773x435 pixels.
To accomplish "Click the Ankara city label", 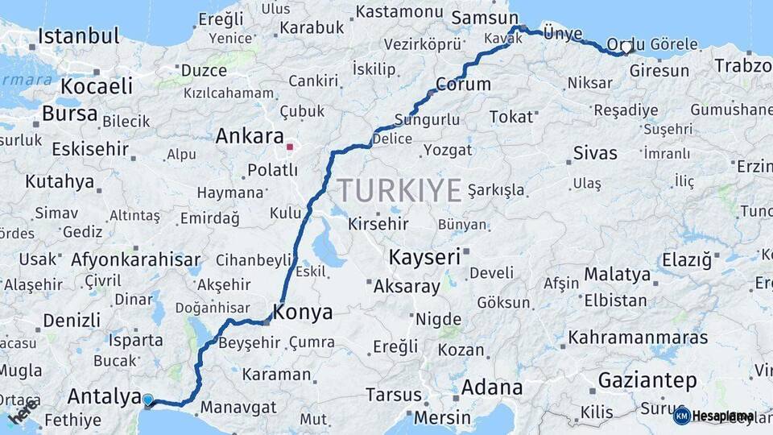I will click(x=250, y=136).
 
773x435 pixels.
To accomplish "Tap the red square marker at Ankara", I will click(x=290, y=147).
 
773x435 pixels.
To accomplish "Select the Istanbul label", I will click(x=78, y=36).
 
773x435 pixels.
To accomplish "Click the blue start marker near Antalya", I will click(x=147, y=400).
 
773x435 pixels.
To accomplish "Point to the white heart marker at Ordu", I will click(x=626, y=48).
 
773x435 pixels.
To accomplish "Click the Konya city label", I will click(x=304, y=312).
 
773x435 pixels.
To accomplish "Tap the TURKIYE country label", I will click(x=399, y=190).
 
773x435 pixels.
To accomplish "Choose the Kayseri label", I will click(x=424, y=258).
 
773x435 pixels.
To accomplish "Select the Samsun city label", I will click(x=486, y=18).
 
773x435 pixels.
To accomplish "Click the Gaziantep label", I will click(x=647, y=380).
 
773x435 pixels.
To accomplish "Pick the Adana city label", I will click(x=492, y=387).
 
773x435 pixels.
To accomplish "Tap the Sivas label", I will click(x=595, y=153).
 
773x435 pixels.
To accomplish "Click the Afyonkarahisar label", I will click(x=135, y=259).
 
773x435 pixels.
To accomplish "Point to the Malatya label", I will click(x=617, y=275).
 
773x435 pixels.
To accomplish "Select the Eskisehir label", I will click(x=90, y=149).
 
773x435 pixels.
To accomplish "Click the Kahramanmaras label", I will click(x=639, y=337).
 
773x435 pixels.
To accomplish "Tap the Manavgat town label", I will click(x=238, y=408).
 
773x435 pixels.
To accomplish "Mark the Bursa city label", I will click(x=69, y=114).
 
